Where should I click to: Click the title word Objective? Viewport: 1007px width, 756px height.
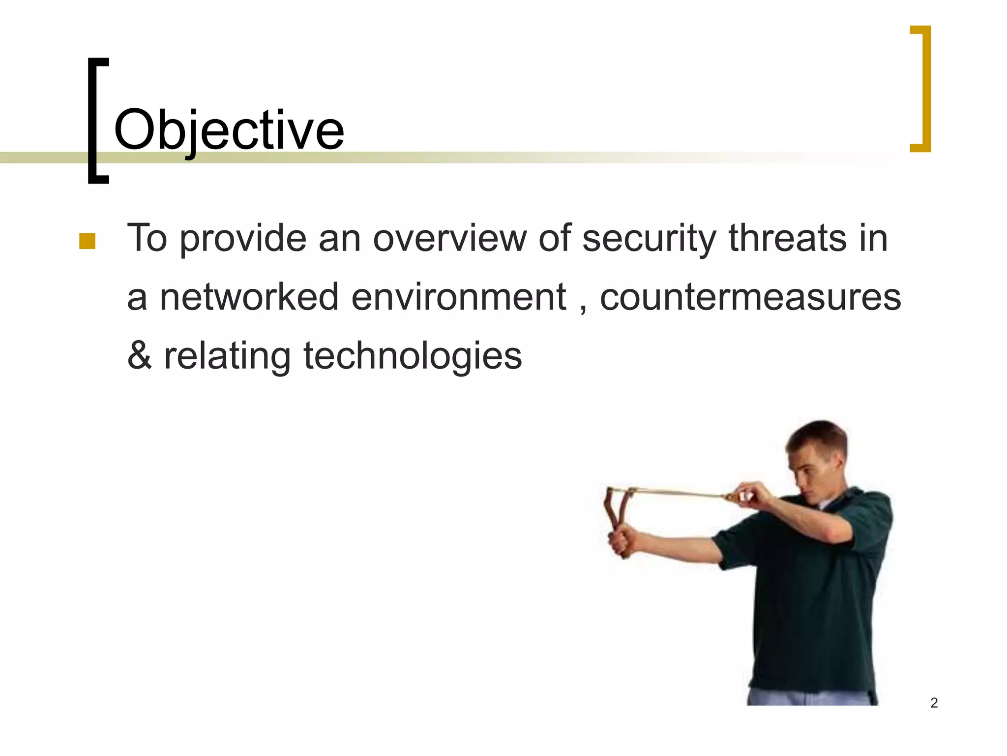point(229,130)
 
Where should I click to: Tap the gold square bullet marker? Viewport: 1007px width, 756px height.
point(87,242)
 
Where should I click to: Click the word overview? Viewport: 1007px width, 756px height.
point(449,239)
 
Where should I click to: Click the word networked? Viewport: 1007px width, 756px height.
point(249,297)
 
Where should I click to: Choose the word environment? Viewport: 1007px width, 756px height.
point(459,298)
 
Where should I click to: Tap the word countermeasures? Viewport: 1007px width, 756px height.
point(750,298)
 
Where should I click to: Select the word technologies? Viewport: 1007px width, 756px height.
point(413,357)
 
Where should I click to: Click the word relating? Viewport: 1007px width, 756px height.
point(227,357)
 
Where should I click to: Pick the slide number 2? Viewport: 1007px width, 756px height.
point(934,703)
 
